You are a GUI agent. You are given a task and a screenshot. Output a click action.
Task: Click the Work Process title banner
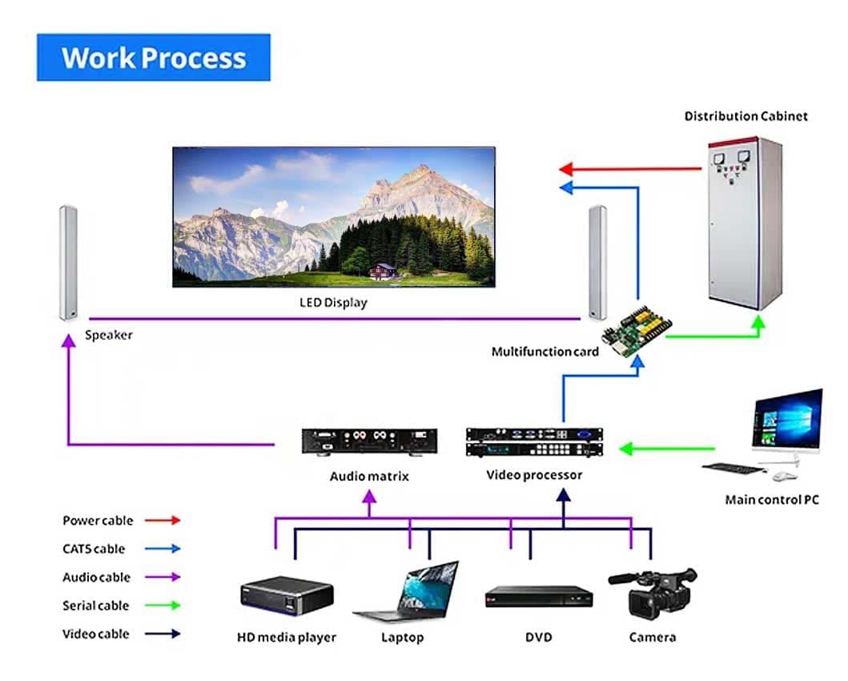(153, 58)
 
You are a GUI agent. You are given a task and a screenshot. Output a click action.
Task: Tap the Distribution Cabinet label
(746, 116)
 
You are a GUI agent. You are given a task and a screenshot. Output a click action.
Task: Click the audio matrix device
(369, 441)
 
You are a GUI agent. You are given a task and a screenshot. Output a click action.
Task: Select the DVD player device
(539, 597)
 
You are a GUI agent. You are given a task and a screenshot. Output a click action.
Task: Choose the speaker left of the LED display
(67, 262)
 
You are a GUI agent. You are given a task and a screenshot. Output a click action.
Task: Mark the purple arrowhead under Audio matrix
(369, 497)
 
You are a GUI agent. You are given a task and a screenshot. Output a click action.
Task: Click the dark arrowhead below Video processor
(564, 496)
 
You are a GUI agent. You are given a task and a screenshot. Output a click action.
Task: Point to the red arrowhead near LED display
(565, 169)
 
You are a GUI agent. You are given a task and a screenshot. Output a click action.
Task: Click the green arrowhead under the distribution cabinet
(757, 323)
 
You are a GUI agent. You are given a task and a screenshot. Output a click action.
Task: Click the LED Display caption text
(333, 303)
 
